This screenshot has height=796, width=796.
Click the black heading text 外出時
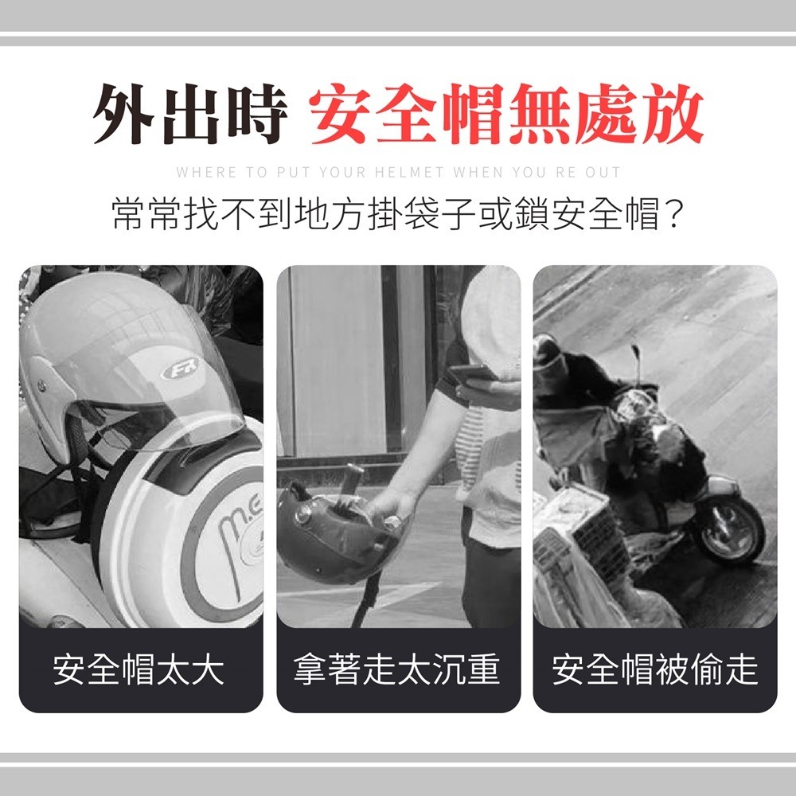pyautogui.click(x=189, y=116)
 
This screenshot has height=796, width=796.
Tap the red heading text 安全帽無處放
pyautogui.click(x=507, y=116)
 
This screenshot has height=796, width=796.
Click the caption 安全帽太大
pyautogui.click(x=140, y=669)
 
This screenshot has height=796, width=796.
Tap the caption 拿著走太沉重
pyautogui.click(x=397, y=669)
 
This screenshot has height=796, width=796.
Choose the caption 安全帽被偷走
pyautogui.click(x=654, y=669)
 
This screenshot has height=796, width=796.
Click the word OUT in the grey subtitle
pyautogui.click(x=606, y=172)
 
